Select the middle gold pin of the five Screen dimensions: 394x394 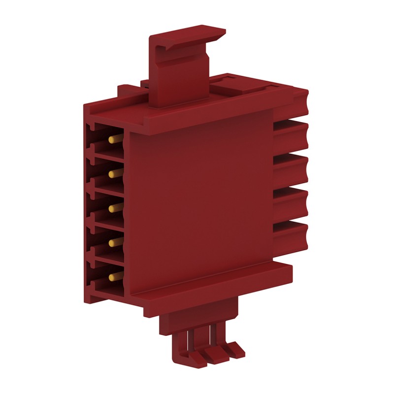tap(115, 208)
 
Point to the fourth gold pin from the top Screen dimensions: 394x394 tap(115, 241)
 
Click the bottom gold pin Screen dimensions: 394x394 tap(115, 274)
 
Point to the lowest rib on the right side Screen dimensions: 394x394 tap(291, 231)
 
